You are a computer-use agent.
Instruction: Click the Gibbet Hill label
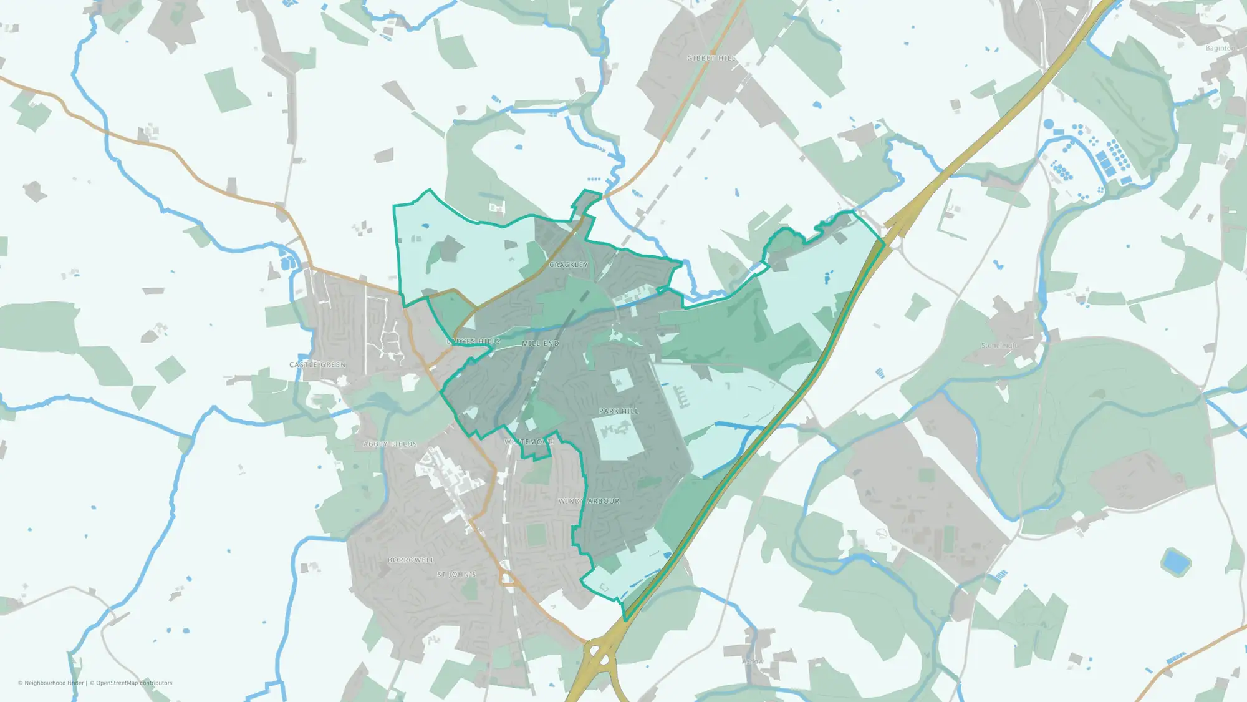[711, 58]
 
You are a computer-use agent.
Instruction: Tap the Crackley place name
[568, 265]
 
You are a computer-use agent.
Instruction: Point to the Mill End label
[540, 343]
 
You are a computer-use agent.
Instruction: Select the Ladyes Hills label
[474, 341]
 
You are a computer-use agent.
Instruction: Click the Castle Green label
[317, 364]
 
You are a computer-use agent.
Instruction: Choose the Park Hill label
[619, 411]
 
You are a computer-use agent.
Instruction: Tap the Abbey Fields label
[390, 444]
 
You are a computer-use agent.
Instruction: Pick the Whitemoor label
[529, 442]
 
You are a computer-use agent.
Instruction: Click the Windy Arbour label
[589, 501]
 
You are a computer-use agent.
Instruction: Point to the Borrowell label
[410, 560]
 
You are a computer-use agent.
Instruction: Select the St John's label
[456, 574]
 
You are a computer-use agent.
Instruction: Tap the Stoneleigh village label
[999, 346]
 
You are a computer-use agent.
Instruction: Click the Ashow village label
[753, 661]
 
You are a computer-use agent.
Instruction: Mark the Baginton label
[1219, 48]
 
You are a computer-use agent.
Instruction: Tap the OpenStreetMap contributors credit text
[134, 683]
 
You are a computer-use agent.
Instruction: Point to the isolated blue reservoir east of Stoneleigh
[1175, 562]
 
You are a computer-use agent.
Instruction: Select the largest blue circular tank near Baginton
[1049, 124]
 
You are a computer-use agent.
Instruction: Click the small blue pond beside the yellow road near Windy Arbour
[668, 555]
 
